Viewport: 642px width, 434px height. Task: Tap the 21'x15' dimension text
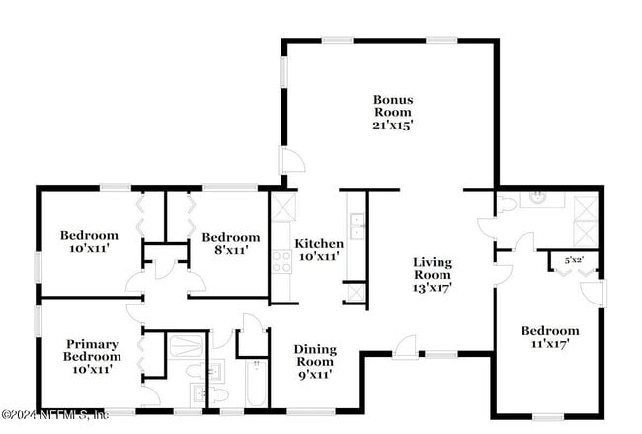tap(392, 125)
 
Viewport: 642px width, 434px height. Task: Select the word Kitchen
tap(319, 243)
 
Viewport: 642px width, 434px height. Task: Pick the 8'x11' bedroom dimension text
tap(231, 250)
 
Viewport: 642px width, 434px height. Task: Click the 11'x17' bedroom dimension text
tap(550, 343)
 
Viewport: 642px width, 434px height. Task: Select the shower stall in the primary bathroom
tap(186, 347)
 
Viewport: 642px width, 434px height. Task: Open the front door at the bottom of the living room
tap(405, 345)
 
